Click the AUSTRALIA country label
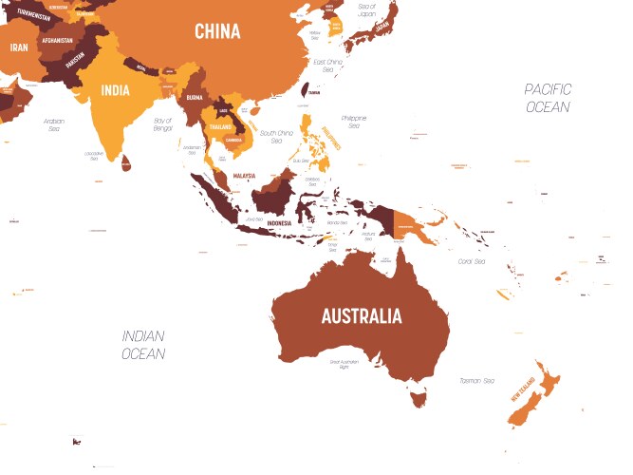click(361, 316)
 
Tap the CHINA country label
click(217, 32)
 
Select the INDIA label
click(116, 92)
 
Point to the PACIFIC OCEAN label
click(548, 98)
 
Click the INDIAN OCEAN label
click(142, 345)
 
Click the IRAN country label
click(19, 47)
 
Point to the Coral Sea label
click(472, 261)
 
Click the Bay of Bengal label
click(162, 124)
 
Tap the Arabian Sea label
click(54, 124)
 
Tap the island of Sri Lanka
click(125, 164)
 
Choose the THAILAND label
click(219, 126)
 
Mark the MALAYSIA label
click(244, 176)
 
